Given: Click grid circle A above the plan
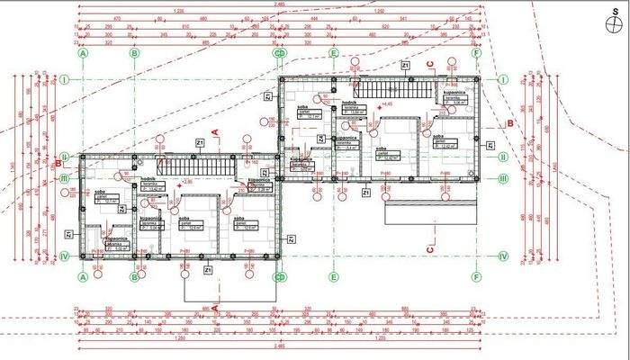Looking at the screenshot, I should [84, 53].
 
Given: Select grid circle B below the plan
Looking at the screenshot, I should [134, 277].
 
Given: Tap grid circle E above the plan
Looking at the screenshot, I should [333, 53].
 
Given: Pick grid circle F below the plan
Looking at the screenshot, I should [476, 277].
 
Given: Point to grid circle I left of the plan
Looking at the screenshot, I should [65, 79].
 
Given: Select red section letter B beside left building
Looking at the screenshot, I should [58, 164].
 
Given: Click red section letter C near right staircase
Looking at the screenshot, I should [429, 63].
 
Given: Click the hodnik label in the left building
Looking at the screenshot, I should [147, 180].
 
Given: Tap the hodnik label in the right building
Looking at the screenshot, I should [347, 103].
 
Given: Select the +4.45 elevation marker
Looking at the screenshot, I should [388, 104].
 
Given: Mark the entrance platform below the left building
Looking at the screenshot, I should [229, 286].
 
